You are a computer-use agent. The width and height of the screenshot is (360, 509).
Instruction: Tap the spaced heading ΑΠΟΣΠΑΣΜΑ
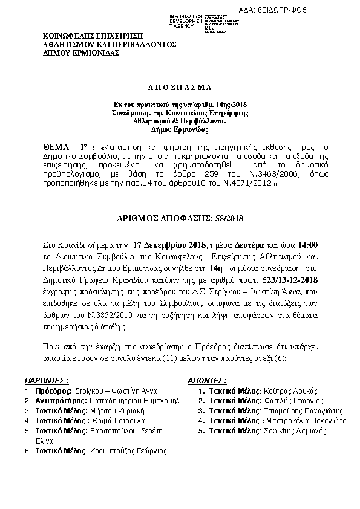180,88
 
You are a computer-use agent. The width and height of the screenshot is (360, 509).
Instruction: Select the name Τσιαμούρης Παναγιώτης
296,411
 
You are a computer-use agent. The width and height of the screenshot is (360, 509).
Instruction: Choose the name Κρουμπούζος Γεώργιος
128,451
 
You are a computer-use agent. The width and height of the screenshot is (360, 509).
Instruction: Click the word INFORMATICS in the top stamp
186,15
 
